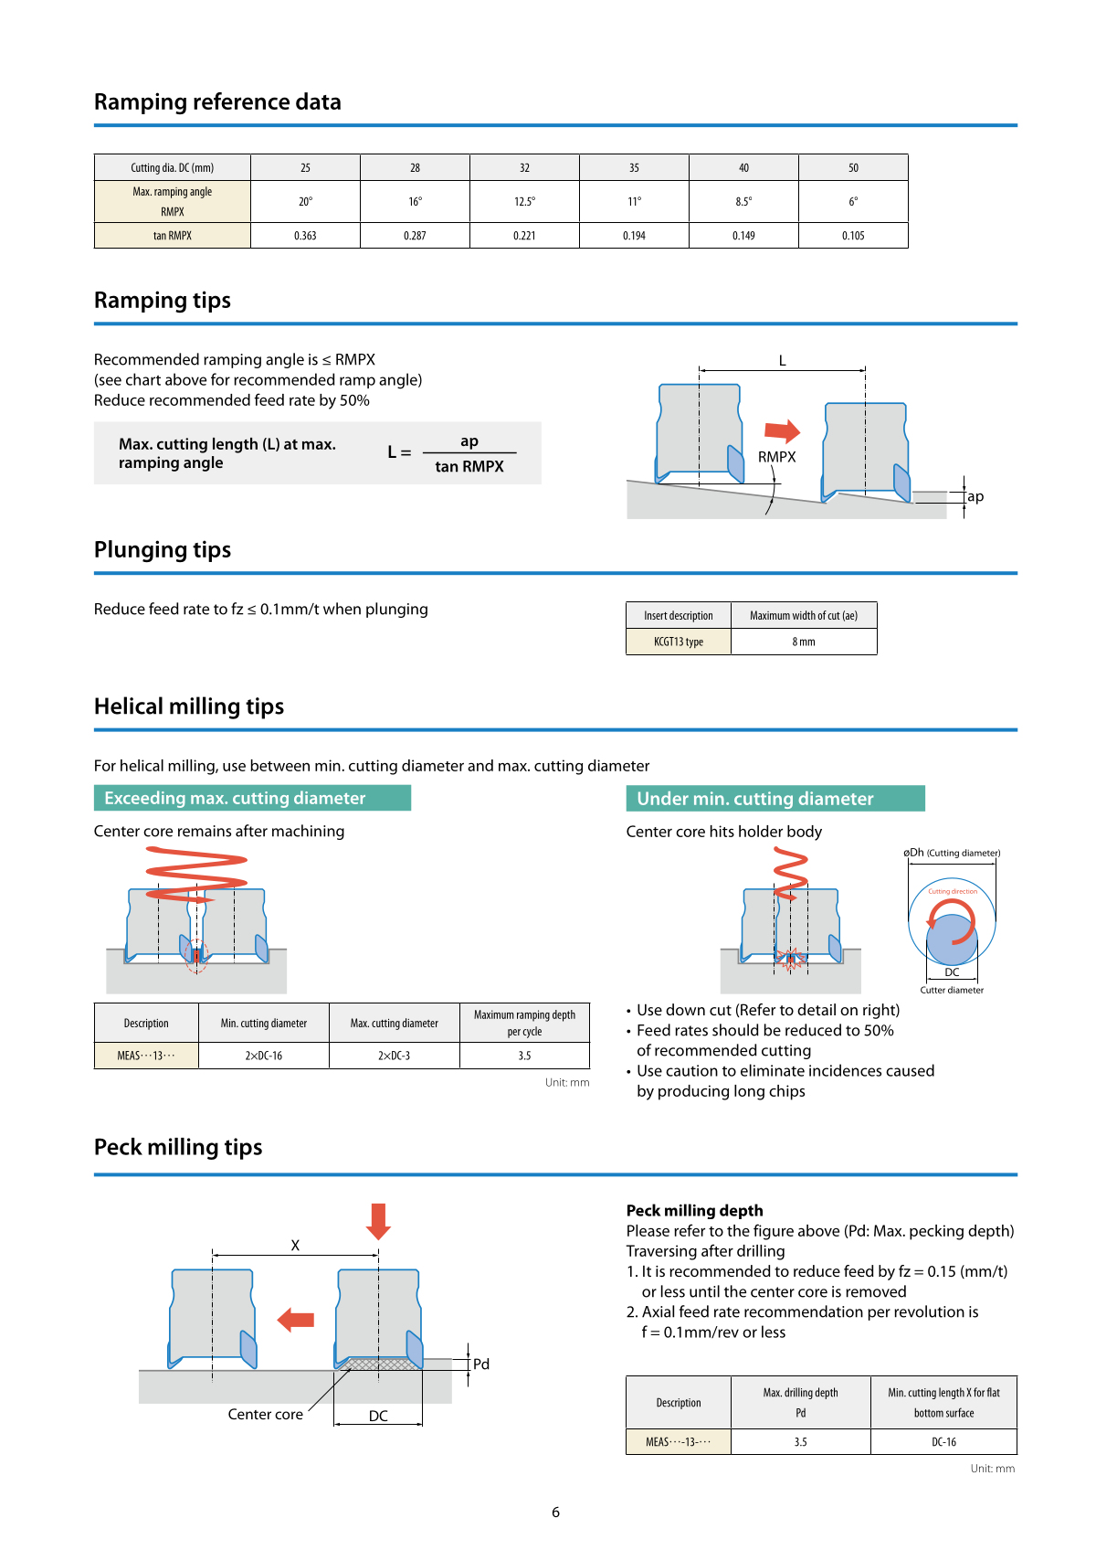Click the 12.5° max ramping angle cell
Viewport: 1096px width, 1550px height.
point(524,202)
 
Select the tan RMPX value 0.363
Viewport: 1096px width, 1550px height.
point(305,236)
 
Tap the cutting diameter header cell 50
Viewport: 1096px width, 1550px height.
point(853,168)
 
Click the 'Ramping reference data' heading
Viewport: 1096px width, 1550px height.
point(217,102)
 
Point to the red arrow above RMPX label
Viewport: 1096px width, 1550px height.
point(782,430)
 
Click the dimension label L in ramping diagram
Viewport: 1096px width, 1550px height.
point(782,361)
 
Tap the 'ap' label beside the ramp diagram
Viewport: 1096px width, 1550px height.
point(975,496)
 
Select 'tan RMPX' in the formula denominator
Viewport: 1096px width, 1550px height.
point(469,466)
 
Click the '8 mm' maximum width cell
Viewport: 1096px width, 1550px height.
point(804,642)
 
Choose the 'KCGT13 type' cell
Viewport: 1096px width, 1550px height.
point(679,642)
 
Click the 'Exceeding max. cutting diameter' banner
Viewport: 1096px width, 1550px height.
point(252,798)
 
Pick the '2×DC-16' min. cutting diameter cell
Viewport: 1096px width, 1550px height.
point(263,1056)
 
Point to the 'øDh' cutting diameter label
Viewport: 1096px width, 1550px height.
point(914,853)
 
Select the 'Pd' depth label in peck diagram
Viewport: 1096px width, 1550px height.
point(481,1364)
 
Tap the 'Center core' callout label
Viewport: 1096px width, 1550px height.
point(265,1414)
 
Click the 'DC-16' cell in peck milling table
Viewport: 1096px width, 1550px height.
point(943,1442)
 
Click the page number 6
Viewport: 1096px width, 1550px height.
point(555,1513)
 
